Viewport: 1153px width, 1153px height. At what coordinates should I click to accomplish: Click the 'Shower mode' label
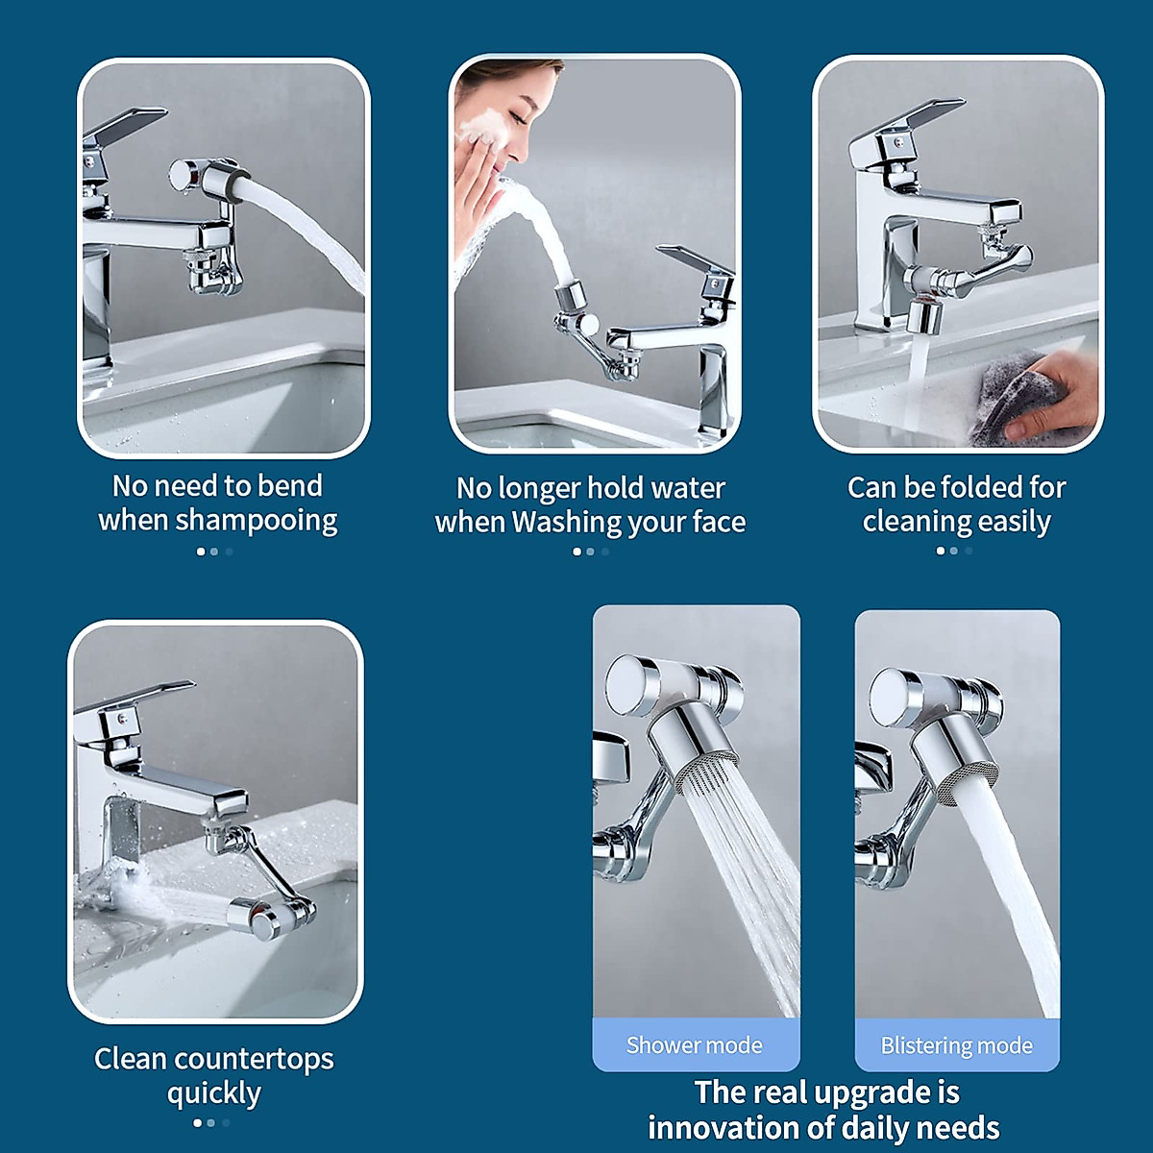tap(694, 1045)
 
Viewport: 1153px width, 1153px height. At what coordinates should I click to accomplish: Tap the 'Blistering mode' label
tap(956, 1045)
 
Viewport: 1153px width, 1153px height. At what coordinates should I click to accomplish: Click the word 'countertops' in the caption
tap(255, 1059)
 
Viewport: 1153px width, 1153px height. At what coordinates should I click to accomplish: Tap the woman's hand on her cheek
tap(476, 192)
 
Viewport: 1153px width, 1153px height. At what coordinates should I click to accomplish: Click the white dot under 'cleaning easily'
tap(940, 551)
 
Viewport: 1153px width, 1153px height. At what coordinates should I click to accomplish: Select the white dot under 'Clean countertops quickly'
tap(198, 1122)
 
